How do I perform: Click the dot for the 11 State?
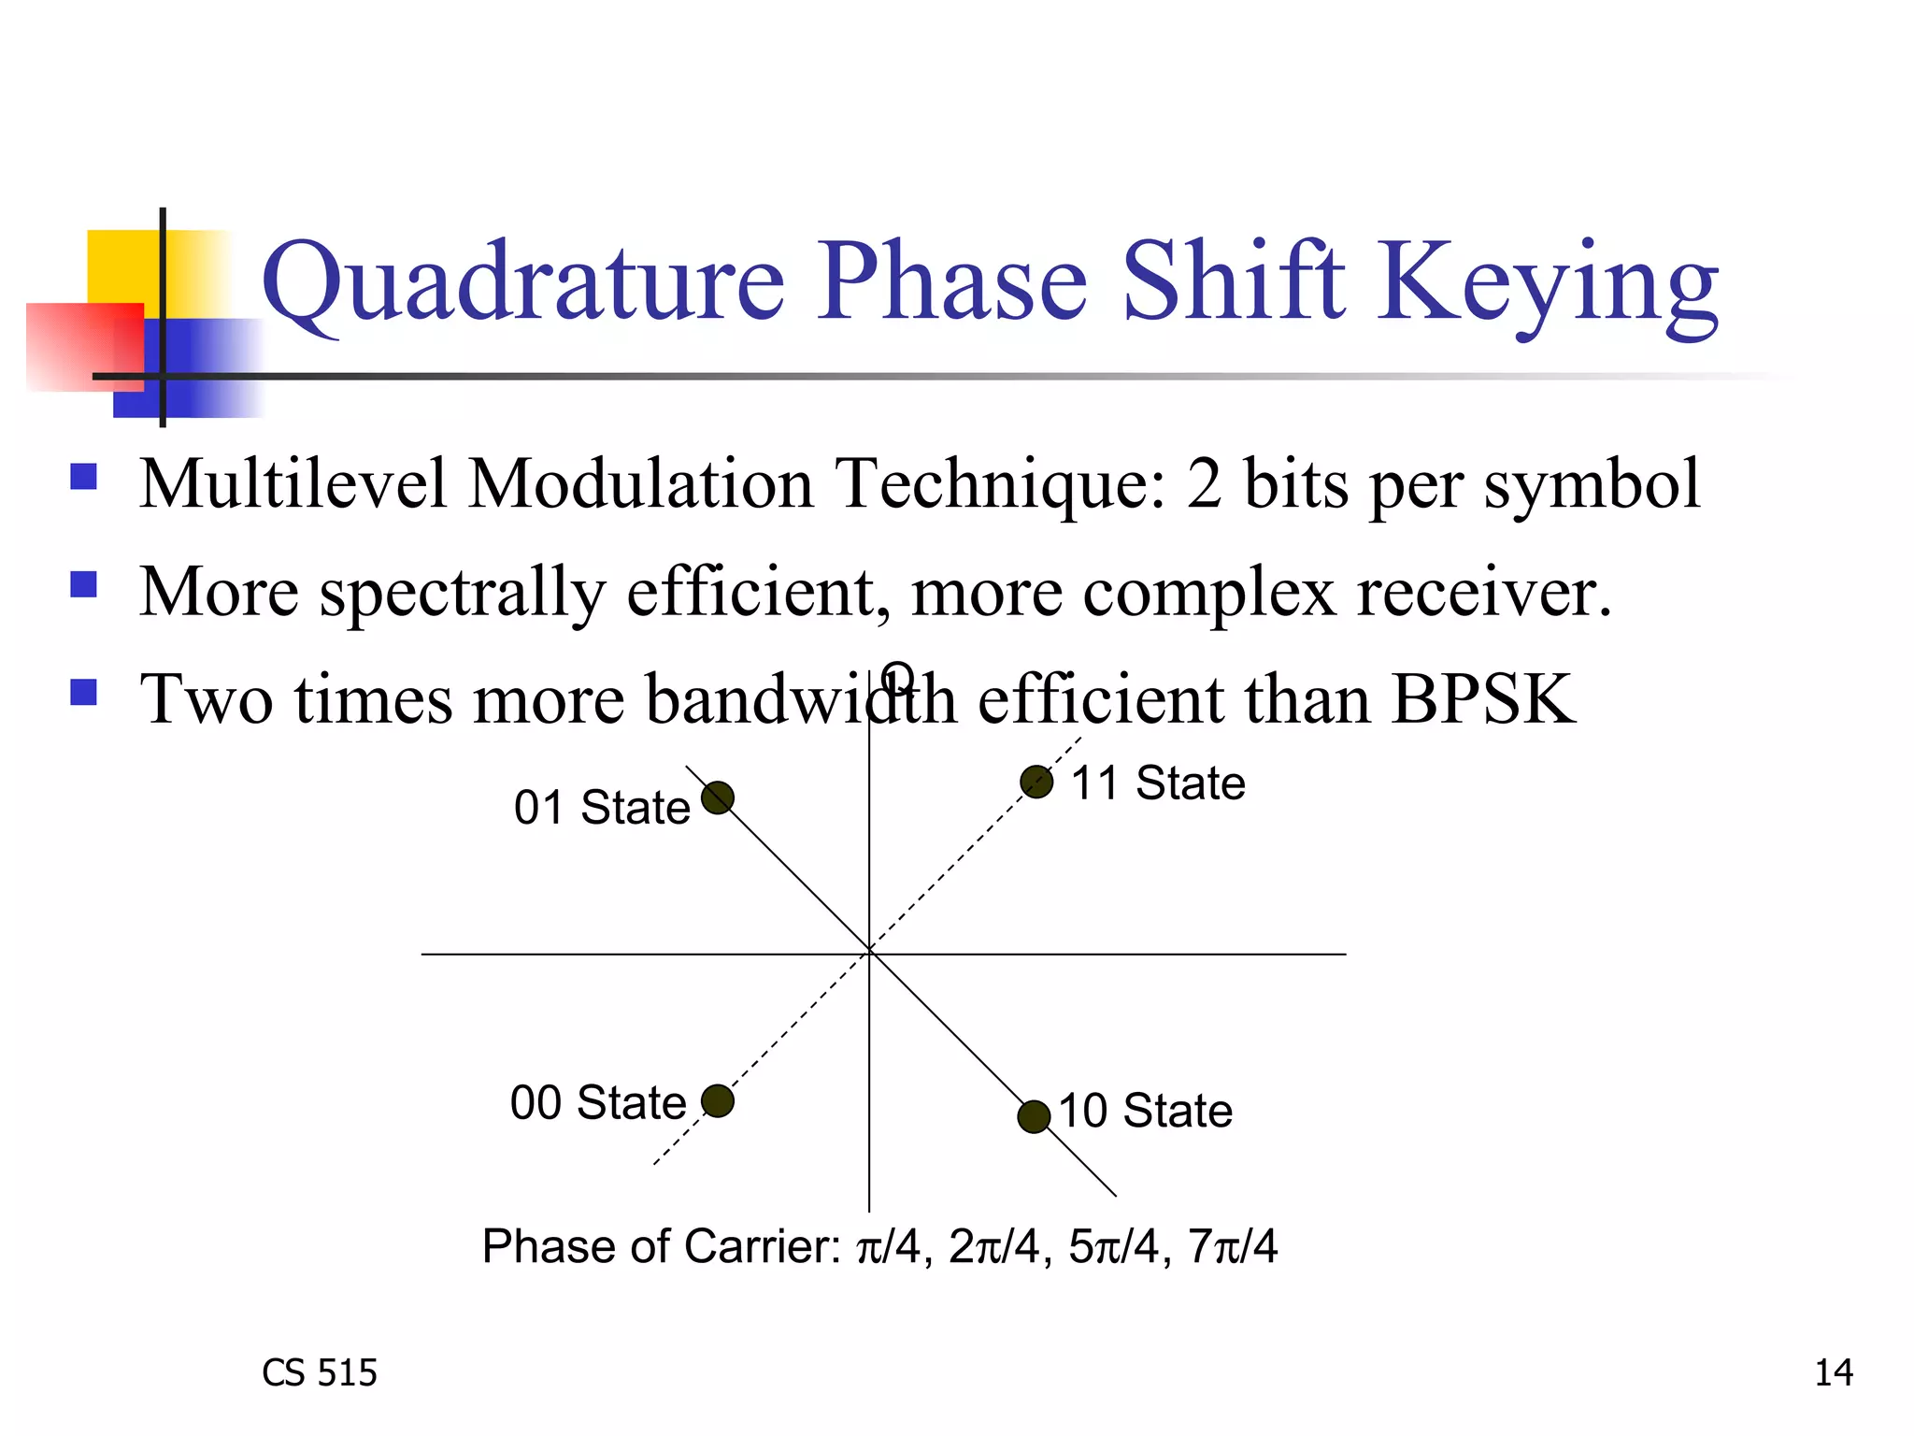[1036, 782]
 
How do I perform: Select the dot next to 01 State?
[718, 797]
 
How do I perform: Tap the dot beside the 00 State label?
[718, 1100]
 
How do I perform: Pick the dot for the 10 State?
[1034, 1116]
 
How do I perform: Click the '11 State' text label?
[1158, 783]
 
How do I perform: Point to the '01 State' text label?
[602, 807]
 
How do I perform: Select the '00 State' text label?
[598, 1102]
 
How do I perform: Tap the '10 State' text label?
[1146, 1111]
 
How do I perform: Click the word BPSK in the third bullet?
[1482, 699]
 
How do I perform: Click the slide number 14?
[1833, 1372]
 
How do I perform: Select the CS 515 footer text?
[320, 1372]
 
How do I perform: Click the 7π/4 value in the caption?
[1233, 1246]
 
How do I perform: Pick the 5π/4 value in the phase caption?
[1113, 1246]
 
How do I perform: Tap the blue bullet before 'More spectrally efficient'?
[84, 585]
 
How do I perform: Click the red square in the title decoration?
[84, 346]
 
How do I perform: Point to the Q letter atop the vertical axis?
[898, 676]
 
